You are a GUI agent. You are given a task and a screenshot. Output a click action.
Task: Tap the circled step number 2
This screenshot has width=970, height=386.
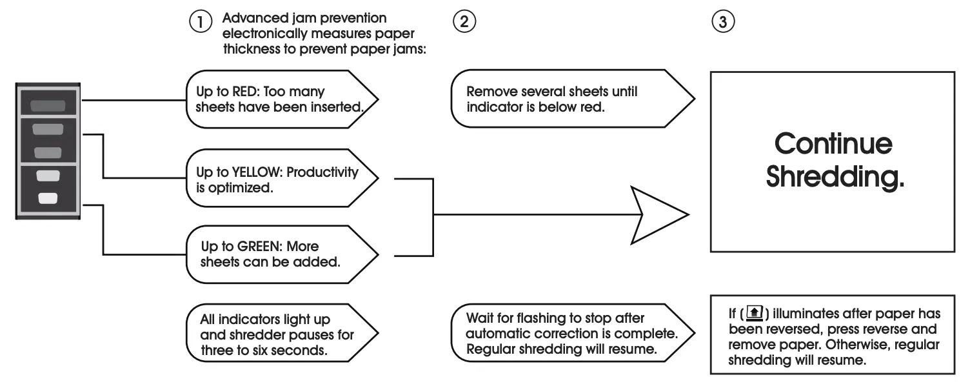463,21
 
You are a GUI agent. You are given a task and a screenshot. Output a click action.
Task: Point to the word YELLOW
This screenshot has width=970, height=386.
257,173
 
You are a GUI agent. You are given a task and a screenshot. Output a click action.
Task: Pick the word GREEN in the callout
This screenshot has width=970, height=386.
257,247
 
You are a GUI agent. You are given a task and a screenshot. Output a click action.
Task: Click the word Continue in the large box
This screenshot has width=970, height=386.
833,143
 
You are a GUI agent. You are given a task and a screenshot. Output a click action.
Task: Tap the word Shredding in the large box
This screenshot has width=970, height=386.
835,176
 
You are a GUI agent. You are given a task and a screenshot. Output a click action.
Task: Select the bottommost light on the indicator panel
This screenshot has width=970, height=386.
48,198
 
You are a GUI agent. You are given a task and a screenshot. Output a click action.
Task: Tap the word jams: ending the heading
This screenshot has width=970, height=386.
408,48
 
